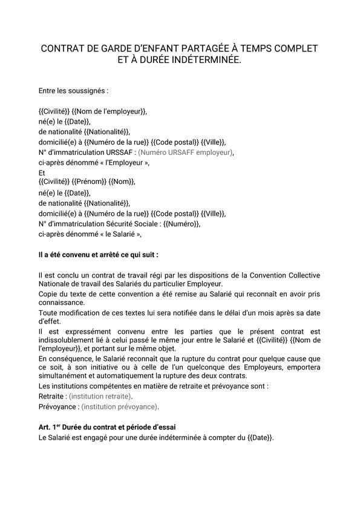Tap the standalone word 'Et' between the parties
42,172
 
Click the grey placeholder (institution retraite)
100,396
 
